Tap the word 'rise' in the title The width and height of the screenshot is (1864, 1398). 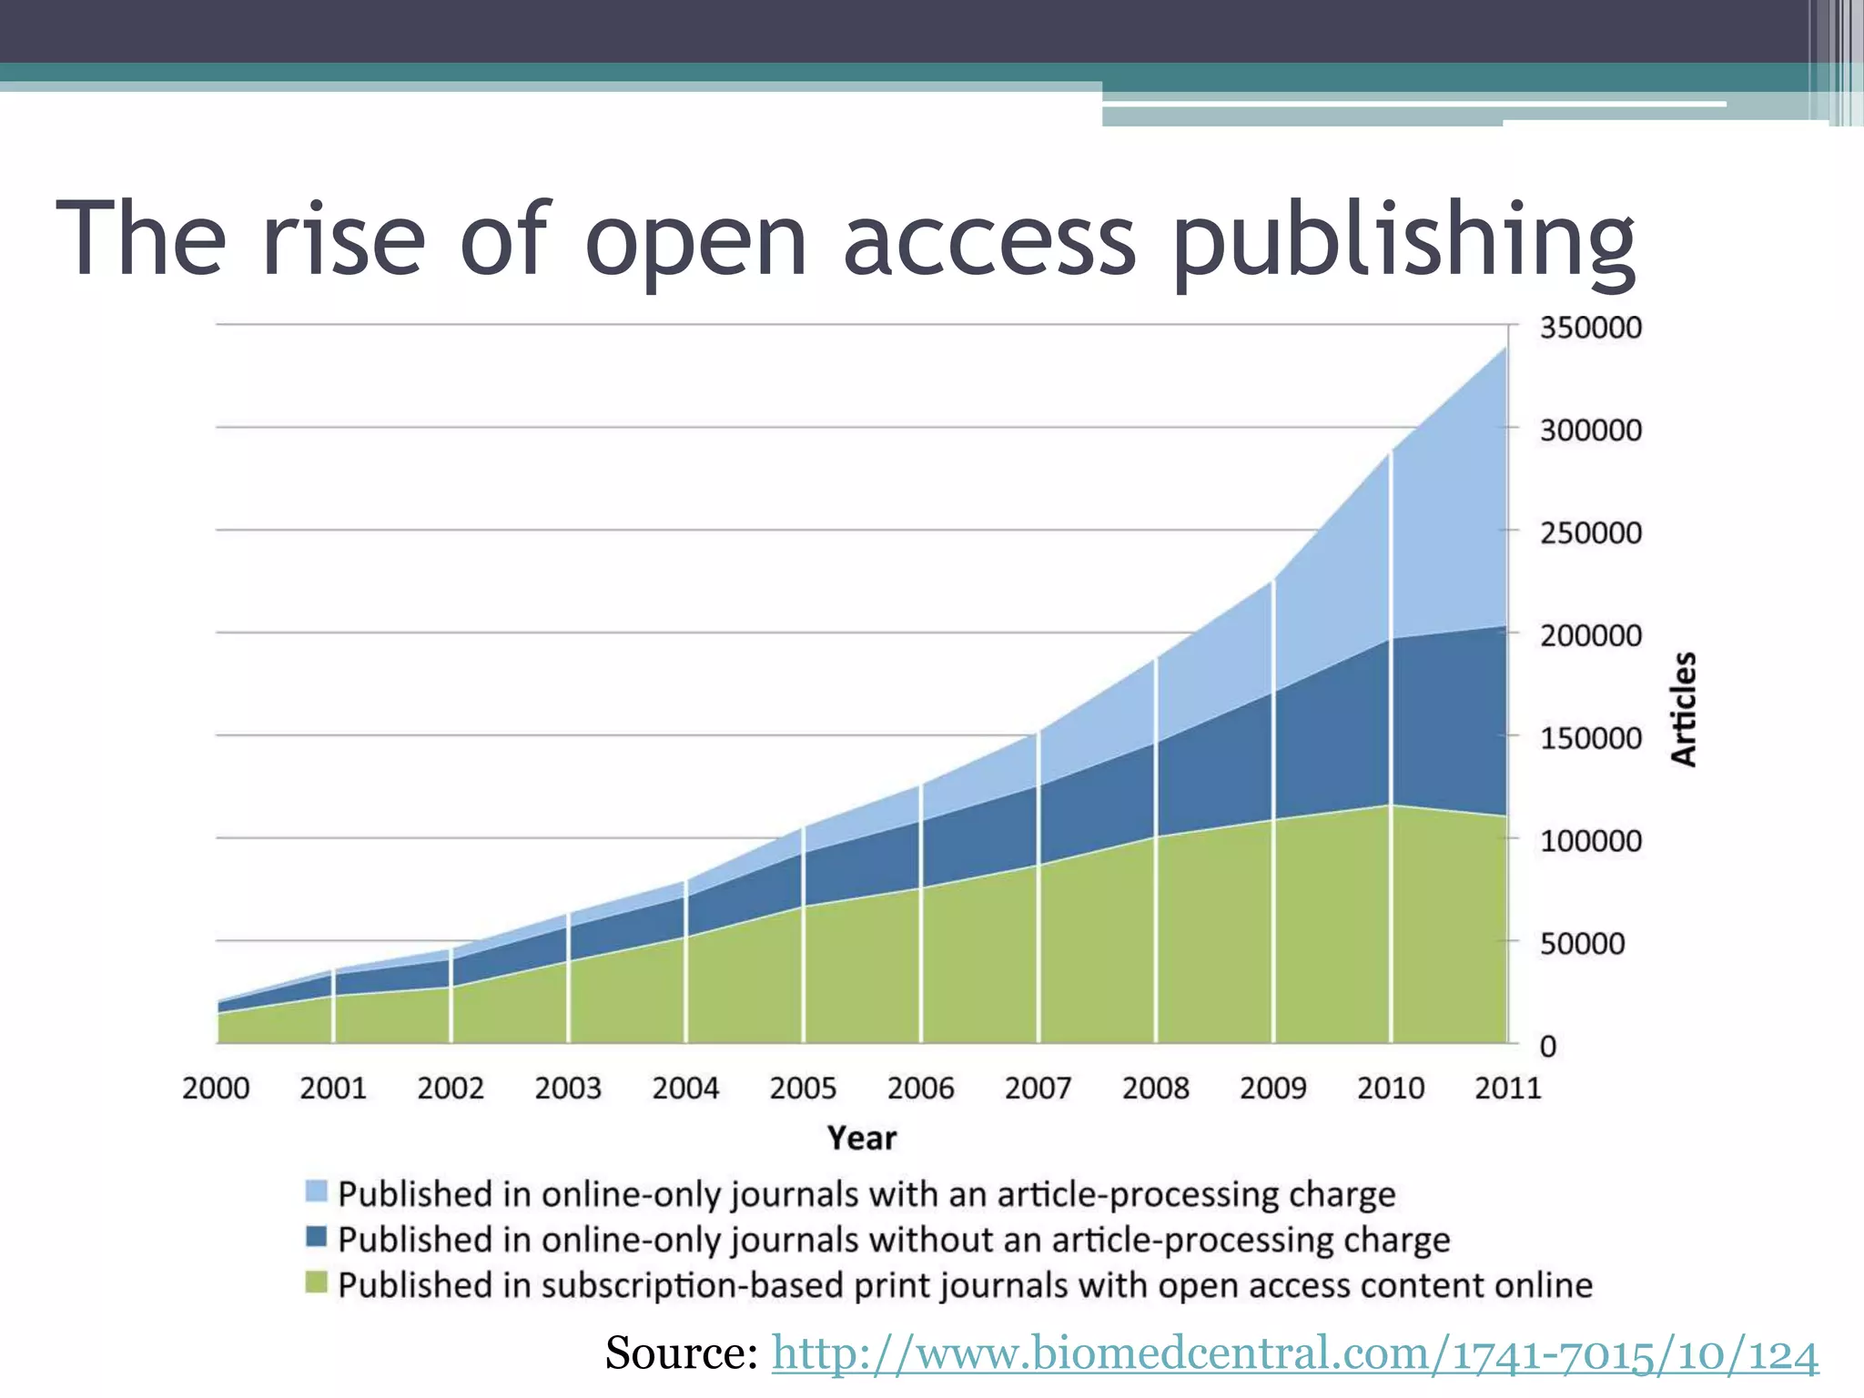[343, 238]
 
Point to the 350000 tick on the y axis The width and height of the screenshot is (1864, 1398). [1590, 328]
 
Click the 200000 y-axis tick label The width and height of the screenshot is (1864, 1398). [1590, 635]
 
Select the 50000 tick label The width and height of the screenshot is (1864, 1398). [1582, 944]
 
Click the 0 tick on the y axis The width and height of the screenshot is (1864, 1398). [1547, 1047]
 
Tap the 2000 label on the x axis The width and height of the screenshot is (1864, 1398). [216, 1088]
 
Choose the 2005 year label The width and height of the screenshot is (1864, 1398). [803, 1088]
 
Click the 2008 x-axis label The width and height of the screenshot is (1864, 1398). [1155, 1088]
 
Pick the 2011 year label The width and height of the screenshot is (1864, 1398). [1507, 1088]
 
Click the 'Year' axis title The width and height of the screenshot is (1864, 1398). [861, 1138]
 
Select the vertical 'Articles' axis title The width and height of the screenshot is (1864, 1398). [1684, 709]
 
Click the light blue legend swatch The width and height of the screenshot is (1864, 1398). [316, 1190]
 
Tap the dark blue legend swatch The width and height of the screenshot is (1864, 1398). [316, 1237]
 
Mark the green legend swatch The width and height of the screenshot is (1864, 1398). [316, 1282]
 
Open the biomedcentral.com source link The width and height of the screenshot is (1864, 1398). [1294, 1353]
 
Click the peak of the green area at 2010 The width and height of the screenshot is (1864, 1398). [1390, 805]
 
